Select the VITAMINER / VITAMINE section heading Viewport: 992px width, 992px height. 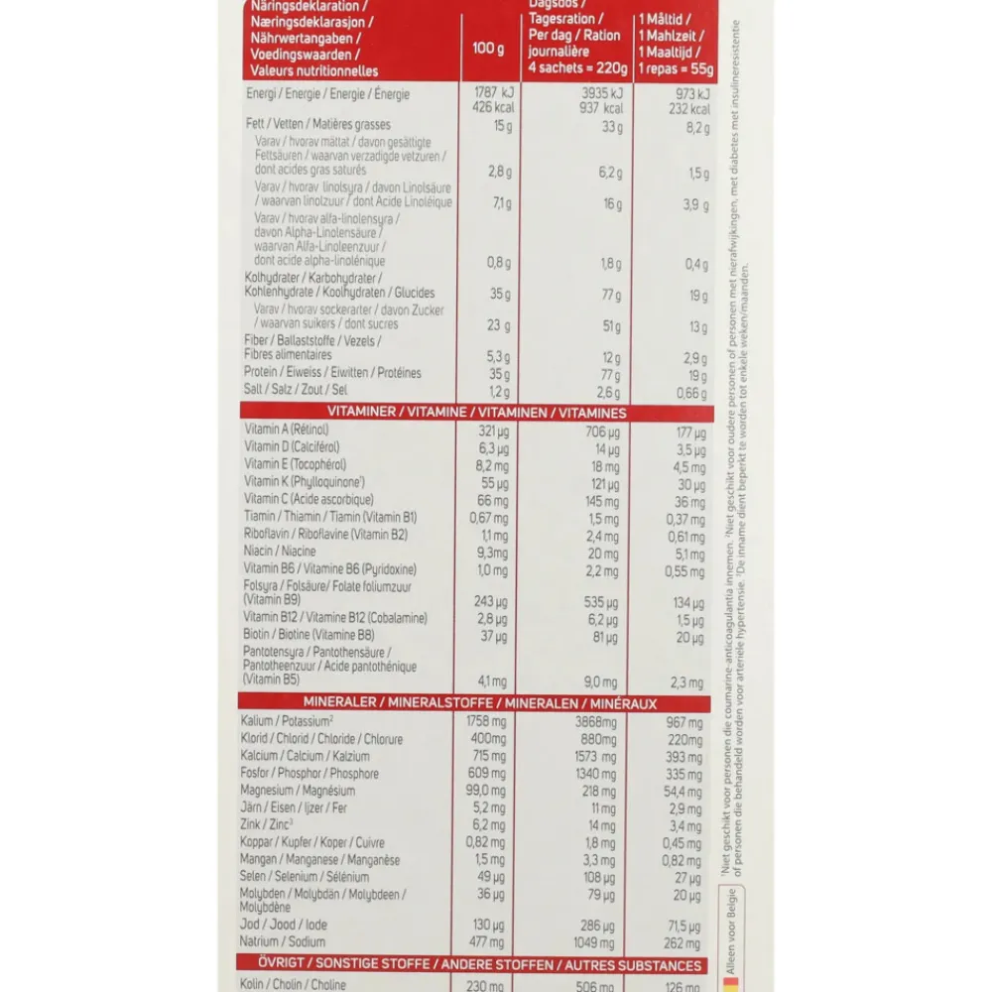point(476,413)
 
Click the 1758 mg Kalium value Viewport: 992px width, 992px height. point(485,721)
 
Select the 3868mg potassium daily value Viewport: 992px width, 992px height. point(595,721)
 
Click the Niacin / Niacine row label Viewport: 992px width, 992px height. point(280,552)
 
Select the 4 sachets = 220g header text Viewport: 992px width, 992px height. point(578,67)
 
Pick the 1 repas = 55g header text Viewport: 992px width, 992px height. point(675,67)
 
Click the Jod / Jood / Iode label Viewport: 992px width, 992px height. point(284,925)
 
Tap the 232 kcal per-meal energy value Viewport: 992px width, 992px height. point(687,109)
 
